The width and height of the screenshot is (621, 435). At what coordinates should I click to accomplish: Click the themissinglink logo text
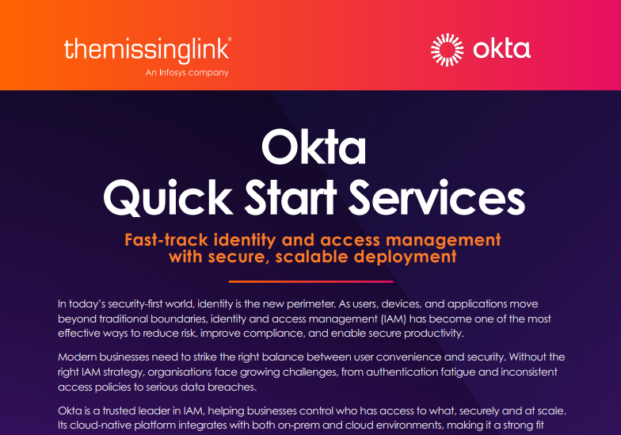[x=147, y=50]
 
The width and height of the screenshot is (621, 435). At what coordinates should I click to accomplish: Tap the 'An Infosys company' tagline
[x=187, y=73]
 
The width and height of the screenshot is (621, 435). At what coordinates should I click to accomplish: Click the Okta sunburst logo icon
[x=447, y=49]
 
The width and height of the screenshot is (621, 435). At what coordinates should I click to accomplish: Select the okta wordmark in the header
[x=501, y=49]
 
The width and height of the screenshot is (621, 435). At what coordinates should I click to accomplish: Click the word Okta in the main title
[x=313, y=151]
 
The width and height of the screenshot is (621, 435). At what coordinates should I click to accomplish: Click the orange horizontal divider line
[x=310, y=281]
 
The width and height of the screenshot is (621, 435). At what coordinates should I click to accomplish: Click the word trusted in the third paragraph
[x=128, y=411]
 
